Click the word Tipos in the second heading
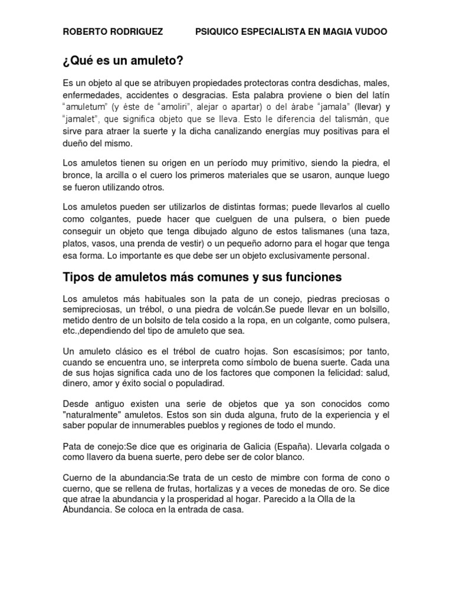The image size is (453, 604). pos(80,276)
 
